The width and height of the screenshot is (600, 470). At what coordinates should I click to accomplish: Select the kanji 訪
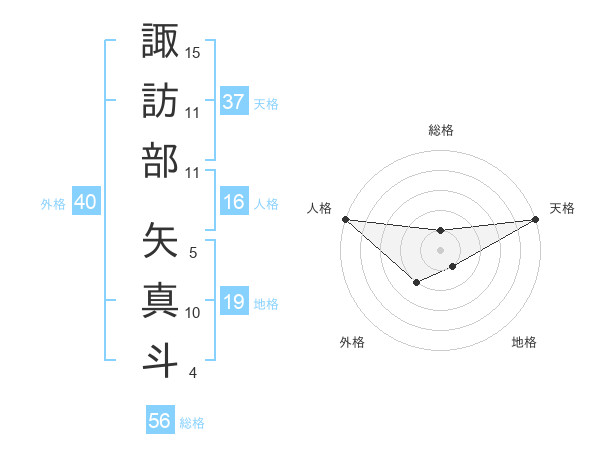point(161,100)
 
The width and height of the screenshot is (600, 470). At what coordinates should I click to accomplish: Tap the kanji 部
point(161,160)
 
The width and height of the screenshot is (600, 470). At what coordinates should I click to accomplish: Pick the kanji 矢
point(161,240)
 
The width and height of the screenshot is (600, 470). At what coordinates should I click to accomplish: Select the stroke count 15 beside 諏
point(193,51)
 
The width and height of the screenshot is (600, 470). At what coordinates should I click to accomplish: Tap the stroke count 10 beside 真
point(193,313)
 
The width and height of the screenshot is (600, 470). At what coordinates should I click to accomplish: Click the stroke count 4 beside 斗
point(193,373)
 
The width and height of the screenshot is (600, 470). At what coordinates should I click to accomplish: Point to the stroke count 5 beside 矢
point(193,253)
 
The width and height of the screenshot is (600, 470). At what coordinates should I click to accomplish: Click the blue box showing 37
point(234,102)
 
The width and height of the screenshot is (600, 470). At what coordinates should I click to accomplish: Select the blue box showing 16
point(234,202)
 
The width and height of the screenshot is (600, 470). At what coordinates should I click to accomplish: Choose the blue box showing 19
point(234,302)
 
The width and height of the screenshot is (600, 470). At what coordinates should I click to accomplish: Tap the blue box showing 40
point(85,202)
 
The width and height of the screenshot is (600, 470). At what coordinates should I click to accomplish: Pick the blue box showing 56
point(160,421)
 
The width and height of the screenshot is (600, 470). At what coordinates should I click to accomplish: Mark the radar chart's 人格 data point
point(345,219)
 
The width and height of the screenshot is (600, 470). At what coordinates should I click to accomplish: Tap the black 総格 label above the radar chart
point(441,130)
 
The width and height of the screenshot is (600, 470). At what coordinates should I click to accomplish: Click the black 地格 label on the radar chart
point(524,342)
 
